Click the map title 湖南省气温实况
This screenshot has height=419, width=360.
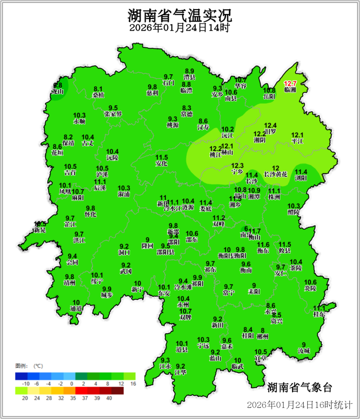[180, 16]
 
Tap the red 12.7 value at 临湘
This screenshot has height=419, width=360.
[290, 84]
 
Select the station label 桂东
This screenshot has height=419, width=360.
[319, 315]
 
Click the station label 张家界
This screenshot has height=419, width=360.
[113, 114]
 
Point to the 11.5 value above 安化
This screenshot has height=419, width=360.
[162, 158]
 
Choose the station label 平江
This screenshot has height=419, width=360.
[298, 141]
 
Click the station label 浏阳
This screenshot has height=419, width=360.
[301, 178]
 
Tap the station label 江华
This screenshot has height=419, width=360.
[180, 373]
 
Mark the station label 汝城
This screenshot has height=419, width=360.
[304, 351]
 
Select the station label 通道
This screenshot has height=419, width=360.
[76, 309]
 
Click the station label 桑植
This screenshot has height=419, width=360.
[98, 95]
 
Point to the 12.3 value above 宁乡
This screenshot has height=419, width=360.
[237, 166]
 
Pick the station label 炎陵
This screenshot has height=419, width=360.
[310, 288]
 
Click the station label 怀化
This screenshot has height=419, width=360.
[90, 215]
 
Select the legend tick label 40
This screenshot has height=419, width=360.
[109, 397]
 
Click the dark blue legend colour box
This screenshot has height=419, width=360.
[21, 376]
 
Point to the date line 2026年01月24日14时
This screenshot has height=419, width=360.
[180, 28]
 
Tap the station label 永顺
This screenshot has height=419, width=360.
[79, 122]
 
